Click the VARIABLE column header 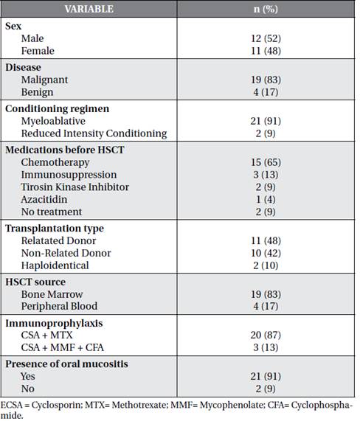click(x=89, y=9)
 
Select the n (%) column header click(x=266, y=9)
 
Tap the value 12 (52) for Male click(x=266, y=38)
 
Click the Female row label click(x=38, y=51)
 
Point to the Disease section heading click(x=23, y=67)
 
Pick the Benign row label click(x=38, y=92)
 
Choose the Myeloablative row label click(x=53, y=121)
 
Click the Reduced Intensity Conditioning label click(x=94, y=133)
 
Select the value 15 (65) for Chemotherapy click(x=266, y=162)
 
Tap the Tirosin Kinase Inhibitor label click(x=75, y=187)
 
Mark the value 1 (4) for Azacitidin click(x=266, y=200)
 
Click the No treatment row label click(x=52, y=212)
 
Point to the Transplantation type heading click(x=55, y=229)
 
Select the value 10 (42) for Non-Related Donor click(x=266, y=253)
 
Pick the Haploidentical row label click(x=55, y=265)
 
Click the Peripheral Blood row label click(x=59, y=307)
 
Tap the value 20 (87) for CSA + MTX click(x=266, y=335)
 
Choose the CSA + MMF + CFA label click(x=62, y=347)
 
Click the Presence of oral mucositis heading click(x=66, y=364)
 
